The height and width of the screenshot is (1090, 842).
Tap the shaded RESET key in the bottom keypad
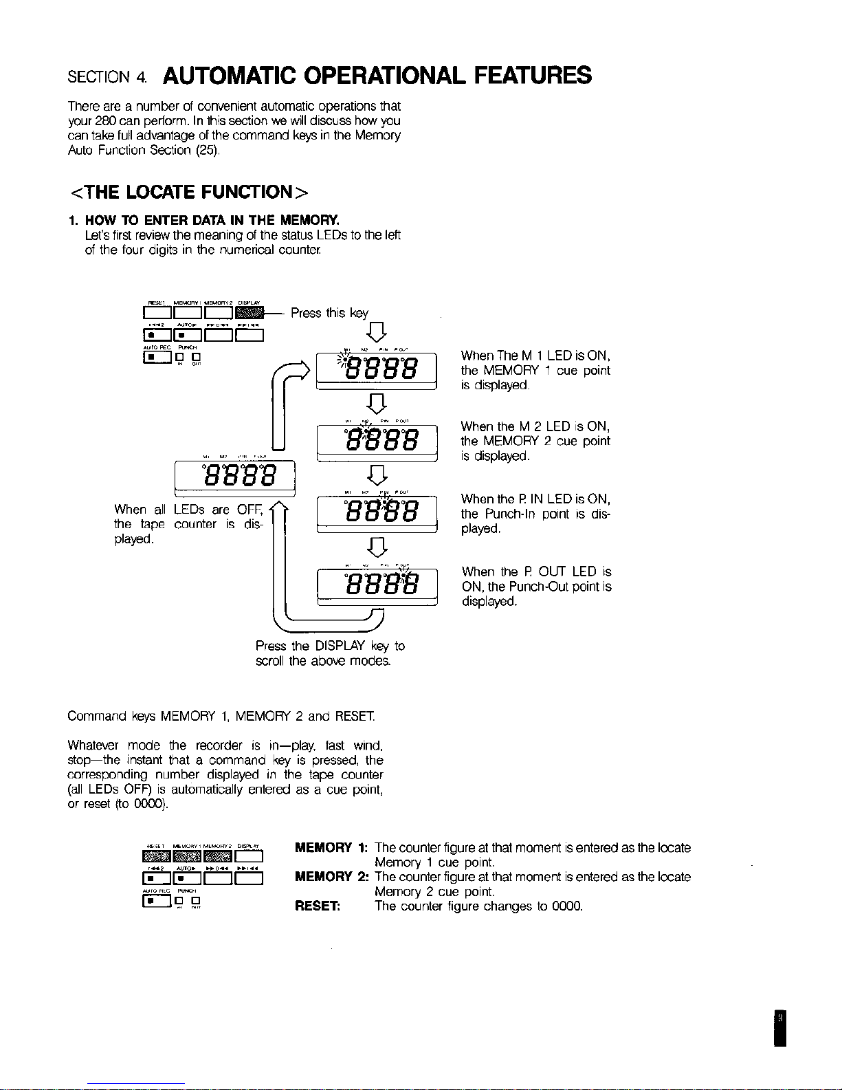coord(155,856)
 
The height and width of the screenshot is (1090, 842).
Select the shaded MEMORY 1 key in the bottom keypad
coord(186,856)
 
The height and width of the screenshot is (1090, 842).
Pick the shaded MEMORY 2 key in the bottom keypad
coord(218,856)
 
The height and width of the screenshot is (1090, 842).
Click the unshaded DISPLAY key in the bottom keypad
coord(250,856)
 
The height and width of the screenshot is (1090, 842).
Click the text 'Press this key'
coord(330,314)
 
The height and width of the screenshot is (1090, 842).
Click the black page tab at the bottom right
coord(779,1028)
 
